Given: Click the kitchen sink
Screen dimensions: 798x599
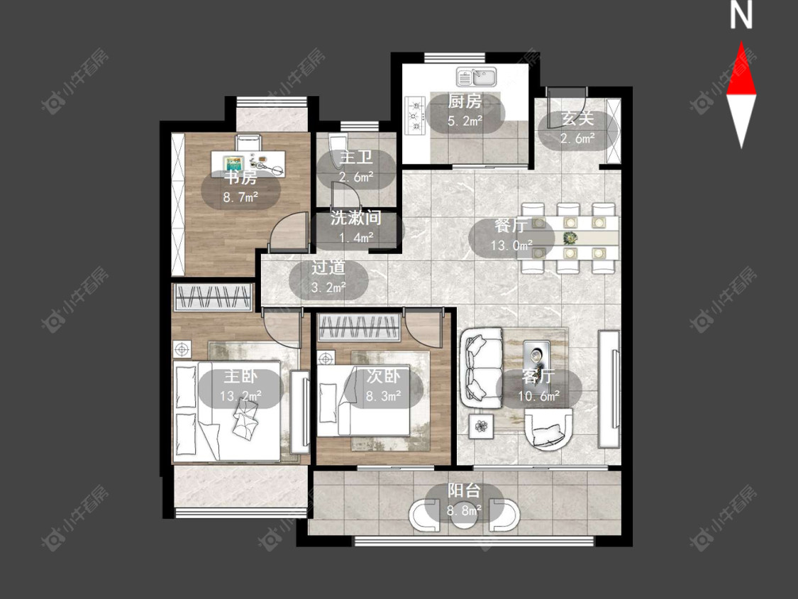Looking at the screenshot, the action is point(477,77).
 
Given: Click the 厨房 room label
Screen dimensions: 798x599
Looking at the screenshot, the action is point(465,101).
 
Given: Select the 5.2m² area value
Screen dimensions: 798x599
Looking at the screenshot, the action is point(465,121).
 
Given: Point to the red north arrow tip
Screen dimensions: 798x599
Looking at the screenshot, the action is point(741,43).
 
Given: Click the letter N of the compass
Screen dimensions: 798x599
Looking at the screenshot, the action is point(741,16).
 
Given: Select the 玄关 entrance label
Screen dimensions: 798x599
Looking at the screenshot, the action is point(577,119).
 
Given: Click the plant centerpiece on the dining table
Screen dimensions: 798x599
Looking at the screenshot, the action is point(570,237).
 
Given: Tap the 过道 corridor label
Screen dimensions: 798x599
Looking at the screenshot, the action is point(328,268).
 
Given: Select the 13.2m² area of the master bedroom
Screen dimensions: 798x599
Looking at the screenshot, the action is point(240,396).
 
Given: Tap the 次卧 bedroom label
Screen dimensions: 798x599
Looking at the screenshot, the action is point(383,376).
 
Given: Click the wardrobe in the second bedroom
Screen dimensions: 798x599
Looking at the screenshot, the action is point(359,327).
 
